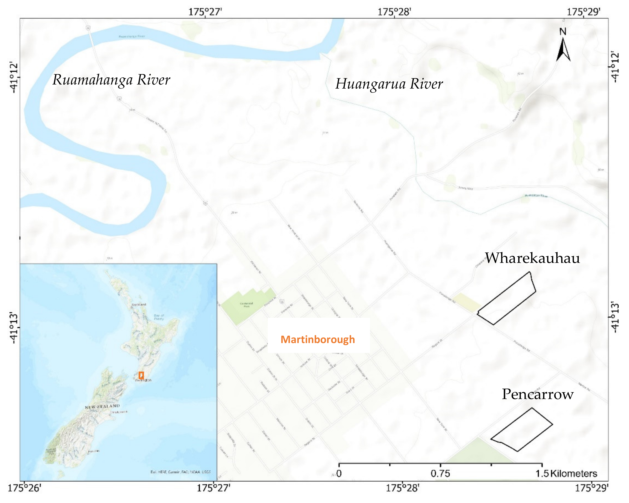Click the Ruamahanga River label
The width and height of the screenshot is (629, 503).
[x=111, y=80]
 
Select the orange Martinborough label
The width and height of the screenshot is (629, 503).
[x=318, y=339]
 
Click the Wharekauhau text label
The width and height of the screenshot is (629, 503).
[x=532, y=258]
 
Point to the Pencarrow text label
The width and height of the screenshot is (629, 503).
[x=537, y=394]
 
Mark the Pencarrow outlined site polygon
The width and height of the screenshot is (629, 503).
[x=522, y=430]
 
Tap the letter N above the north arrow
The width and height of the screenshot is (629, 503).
[x=563, y=32]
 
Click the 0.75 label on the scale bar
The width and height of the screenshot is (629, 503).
[x=440, y=474]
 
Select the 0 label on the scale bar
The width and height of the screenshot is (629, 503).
[x=339, y=474]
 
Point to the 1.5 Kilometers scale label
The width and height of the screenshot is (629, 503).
[x=566, y=474]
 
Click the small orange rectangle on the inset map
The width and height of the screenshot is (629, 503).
[x=141, y=375]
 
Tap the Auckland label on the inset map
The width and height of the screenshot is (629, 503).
[x=139, y=304]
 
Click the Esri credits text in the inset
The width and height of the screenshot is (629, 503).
[x=180, y=472]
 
